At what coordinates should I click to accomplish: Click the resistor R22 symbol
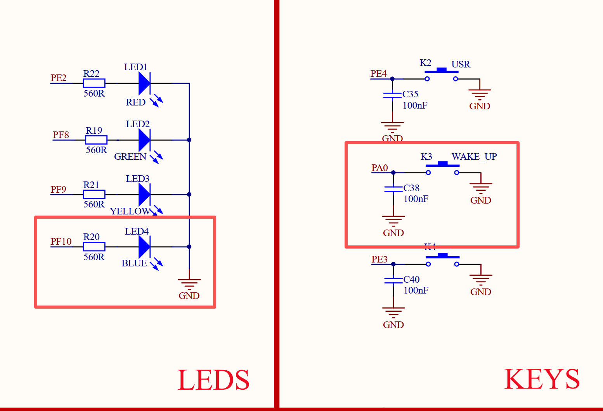[x=94, y=83]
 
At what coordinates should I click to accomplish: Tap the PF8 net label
[x=61, y=135]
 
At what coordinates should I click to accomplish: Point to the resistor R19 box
[x=96, y=140]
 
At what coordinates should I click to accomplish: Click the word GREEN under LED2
[x=130, y=157]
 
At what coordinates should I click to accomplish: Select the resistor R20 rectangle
[x=94, y=247]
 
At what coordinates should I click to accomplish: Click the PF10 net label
[x=61, y=242]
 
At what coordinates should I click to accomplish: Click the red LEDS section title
[x=213, y=380]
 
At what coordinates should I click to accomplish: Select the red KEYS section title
[x=542, y=379]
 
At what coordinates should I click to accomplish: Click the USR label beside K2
[x=461, y=64]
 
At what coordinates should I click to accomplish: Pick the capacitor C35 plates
[x=392, y=95]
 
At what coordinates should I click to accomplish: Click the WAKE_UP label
[x=474, y=157]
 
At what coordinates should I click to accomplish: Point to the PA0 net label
[x=379, y=168]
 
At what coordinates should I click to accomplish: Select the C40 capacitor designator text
[x=412, y=280]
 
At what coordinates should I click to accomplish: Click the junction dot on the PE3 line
[x=393, y=264]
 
